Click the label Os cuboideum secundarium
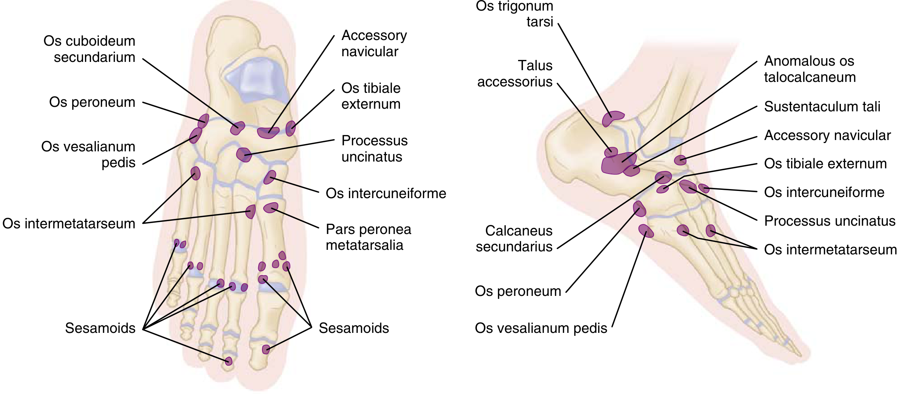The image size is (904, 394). pos(89,49)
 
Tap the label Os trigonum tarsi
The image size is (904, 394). pos(514,14)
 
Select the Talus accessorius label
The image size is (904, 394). pos(515,74)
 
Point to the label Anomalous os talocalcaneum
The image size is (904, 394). pos(810,69)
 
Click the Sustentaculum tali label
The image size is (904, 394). pos(822,107)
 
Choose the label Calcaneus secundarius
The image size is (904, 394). pos(514,239)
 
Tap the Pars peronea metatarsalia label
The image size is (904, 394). pos(368,237)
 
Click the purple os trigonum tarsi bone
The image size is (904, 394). pos(612,118)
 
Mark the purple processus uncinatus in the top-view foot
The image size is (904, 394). pos(244,154)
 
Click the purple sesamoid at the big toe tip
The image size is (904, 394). pos(266,349)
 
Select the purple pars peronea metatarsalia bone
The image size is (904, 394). pos(270,208)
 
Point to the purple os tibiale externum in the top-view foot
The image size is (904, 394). pos(290,128)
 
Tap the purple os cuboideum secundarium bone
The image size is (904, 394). pos(238,128)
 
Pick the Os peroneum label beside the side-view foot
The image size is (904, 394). pos(518,291)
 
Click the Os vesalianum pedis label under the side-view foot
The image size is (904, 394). pos(541,328)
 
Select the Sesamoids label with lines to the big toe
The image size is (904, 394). pos(353,328)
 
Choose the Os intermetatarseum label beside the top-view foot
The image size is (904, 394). pos(69,223)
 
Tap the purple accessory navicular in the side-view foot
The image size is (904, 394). pos(680,160)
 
